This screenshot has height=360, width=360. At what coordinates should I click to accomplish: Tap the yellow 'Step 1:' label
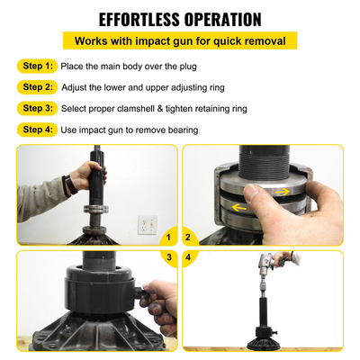coord(37,66)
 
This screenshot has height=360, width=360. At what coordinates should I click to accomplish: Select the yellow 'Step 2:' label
coord(37,87)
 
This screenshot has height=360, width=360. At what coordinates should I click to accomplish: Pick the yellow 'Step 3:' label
coord(37,108)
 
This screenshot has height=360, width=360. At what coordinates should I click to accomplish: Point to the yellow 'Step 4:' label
coord(37,130)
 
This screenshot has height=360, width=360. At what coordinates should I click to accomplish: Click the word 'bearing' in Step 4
coord(181,130)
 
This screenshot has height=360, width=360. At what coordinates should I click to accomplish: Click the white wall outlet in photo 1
coord(147,222)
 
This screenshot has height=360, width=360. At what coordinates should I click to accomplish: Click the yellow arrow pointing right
coord(282,190)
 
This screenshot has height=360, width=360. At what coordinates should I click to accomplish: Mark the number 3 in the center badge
coord(168,256)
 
